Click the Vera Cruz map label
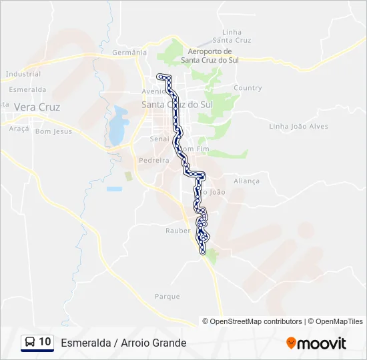pos(37,107)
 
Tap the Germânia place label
pos(129,52)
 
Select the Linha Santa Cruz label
pos(232,36)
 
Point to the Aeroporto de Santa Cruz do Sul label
pos(210,55)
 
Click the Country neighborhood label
pos(248,88)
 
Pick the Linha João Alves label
pos(298,126)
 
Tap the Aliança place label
pos(246,181)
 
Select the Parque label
pos(167,296)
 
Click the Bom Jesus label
pos(53,131)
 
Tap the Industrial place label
pos(23,74)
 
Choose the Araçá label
pos(19,128)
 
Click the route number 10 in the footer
pos(45,342)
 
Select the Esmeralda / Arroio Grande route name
pos(123,343)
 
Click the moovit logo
pos(316,343)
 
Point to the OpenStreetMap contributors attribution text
pos(252,321)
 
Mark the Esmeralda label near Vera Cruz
pos(27,89)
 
